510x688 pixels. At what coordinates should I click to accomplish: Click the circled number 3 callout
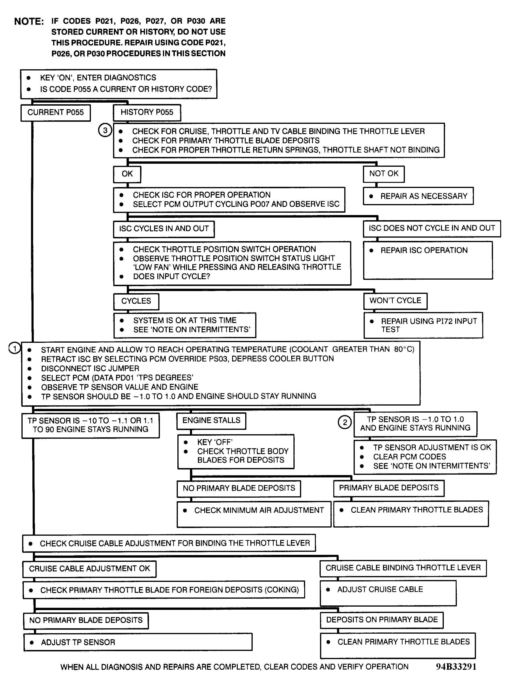coord(105,130)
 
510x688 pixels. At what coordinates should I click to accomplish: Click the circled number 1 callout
coord(14,348)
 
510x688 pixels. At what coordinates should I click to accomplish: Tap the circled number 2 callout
coord(345,422)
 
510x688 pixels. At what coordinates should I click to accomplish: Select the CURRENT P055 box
coord(55,112)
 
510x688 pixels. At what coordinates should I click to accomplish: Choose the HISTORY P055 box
coord(147,112)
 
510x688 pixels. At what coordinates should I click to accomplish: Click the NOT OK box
coord(384,174)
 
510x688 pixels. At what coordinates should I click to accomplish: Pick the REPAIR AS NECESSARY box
coord(418,196)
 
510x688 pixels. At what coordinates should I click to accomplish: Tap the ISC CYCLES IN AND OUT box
coord(164,229)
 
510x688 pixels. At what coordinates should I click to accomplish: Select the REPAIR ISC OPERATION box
coord(428,260)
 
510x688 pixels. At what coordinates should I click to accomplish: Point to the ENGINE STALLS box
coord(211,420)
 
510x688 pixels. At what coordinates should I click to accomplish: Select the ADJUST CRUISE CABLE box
coord(388,593)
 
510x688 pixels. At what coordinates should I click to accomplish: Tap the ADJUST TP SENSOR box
coord(138,642)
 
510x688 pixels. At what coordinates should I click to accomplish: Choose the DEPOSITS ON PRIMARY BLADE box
coord(382,620)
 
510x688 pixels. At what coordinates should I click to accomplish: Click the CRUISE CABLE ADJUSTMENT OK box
coord(90,569)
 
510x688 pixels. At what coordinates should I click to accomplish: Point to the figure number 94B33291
coord(456,667)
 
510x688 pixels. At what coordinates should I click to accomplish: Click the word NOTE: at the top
coord(29,22)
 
